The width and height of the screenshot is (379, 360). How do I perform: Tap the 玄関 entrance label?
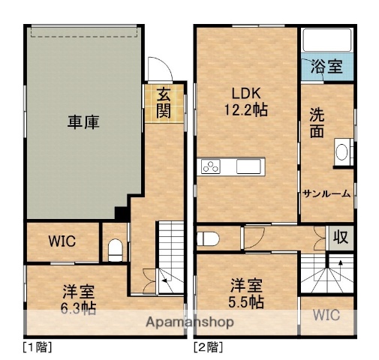162,103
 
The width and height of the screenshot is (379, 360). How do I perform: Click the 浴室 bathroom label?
325,66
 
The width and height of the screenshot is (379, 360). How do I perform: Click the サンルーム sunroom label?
326,193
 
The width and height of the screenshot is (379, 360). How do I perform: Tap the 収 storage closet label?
341,238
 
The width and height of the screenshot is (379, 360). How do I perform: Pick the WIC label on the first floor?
63,241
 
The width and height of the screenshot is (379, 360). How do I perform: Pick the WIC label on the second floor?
326,315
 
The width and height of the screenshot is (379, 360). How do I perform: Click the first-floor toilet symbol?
115,248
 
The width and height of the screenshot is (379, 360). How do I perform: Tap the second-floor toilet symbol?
209,239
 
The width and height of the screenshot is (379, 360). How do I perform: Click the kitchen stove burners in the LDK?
211,167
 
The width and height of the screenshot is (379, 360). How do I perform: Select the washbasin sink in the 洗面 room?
342,153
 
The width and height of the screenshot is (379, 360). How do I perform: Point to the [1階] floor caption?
37,347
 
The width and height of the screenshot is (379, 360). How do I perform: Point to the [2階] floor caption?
208,347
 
